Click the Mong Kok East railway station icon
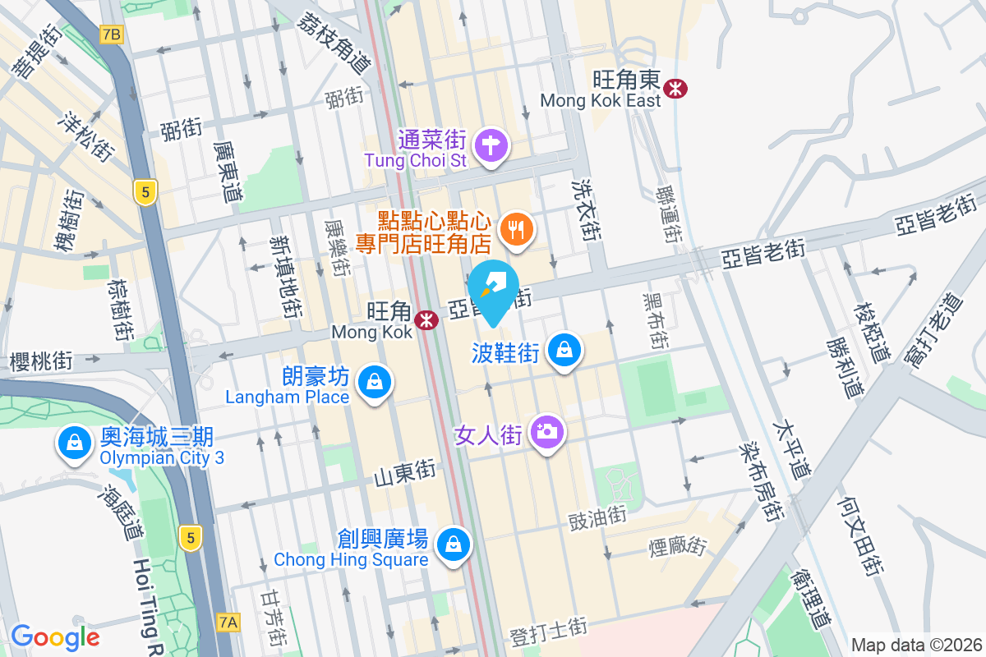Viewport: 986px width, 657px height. click(677, 88)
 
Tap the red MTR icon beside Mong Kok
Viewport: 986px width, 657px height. click(426, 320)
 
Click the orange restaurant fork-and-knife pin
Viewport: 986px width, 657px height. click(515, 229)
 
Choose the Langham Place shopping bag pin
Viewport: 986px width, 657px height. click(375, 383)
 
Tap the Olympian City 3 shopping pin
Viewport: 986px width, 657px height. click(75, 443)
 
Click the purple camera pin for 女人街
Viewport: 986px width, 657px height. click(546, 431)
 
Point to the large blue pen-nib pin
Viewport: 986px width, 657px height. click(494, 287)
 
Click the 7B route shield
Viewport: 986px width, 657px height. click(111, 34)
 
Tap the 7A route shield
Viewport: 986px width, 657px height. click(229, 623)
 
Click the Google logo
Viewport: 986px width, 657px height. click(55, 636)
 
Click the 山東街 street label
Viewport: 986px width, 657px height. click(404, 474)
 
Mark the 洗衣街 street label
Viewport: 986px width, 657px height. click(586, 209)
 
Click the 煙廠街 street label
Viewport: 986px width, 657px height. click(678, 545)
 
